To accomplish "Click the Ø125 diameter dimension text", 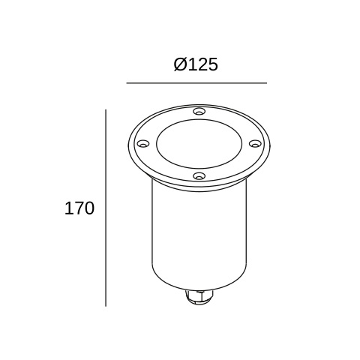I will click(196, 64).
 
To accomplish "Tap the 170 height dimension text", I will click(79, 208).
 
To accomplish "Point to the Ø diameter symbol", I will click(180, 64).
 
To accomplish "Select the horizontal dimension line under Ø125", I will click(196, 82).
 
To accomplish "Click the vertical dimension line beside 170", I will click(106, 208).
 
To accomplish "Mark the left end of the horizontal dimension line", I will click(127, 82).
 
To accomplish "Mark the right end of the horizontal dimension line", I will click(266, 82).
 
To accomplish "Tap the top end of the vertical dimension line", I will click(106, 110).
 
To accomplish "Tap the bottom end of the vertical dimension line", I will click(106, 306).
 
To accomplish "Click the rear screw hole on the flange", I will click(198, 112).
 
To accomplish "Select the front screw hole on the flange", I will click(198, 176).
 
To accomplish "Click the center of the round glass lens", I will click(198, 143).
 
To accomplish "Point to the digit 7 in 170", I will click(79, 208).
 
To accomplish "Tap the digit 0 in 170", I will click(89, 208).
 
